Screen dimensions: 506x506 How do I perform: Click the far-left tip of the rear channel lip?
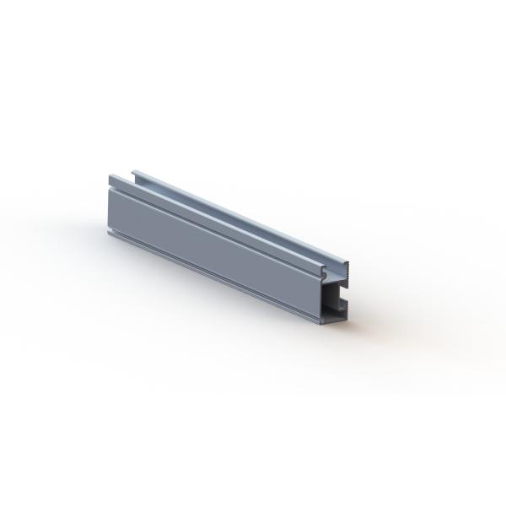click(133, 171)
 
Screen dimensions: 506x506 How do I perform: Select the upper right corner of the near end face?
click(348, 265)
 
